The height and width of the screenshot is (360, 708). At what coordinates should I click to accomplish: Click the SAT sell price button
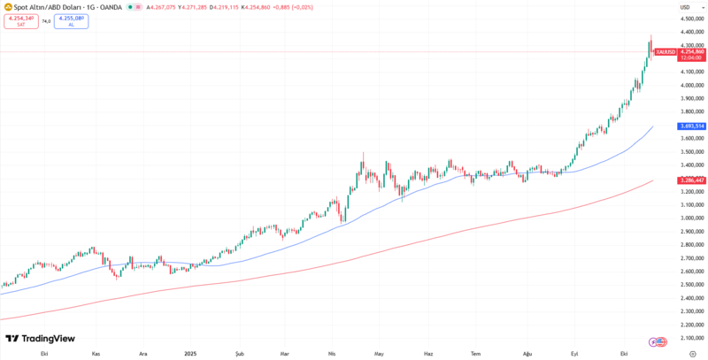point(20,20)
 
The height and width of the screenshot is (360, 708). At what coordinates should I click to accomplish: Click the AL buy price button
point(71,20)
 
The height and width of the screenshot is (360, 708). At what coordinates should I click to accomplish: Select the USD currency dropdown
point(685,7)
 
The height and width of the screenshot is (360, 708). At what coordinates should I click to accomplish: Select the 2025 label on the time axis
point(190,353)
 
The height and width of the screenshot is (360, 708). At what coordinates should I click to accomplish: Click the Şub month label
point(239,353)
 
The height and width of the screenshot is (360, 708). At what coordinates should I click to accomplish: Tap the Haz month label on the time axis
point(428,353)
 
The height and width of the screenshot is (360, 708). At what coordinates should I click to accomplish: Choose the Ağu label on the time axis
point(527,353)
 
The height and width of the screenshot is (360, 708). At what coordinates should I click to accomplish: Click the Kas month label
point(96,353)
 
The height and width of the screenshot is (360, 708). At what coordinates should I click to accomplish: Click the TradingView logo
point(40,338)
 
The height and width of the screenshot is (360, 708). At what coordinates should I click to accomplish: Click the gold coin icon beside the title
point(6,7)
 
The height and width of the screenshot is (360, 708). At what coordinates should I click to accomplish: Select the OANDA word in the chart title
point(110,7)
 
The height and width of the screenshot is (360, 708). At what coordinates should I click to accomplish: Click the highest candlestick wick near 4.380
point(651,36)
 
